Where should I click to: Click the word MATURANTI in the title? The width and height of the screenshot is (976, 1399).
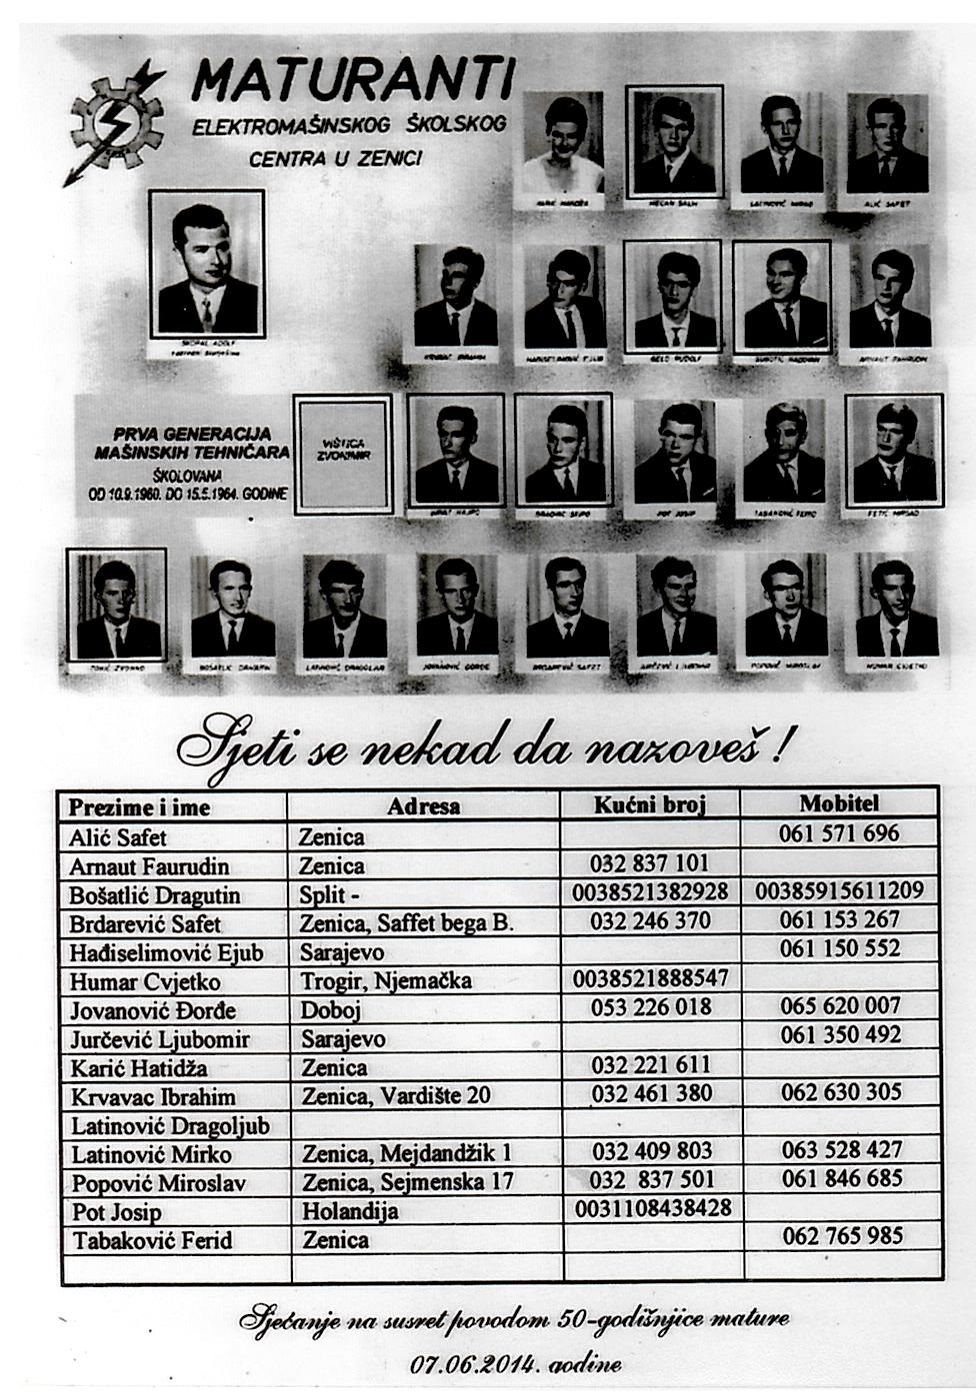tap(354, 79)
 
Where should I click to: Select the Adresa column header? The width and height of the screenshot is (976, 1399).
tap(424, 806)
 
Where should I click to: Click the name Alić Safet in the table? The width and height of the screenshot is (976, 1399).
tap(118, 837)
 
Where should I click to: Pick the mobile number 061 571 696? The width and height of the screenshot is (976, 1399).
tap(839, 833)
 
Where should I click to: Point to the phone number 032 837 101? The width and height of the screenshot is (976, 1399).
tap(650, 863)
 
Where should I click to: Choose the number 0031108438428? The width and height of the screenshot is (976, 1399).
tap(654, 1209)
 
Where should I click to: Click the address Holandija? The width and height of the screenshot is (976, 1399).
tap(350, 1212)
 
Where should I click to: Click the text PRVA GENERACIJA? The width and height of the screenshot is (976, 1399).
tap(193, 434)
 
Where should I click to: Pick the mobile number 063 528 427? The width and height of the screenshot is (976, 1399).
tap(842, 1150)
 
